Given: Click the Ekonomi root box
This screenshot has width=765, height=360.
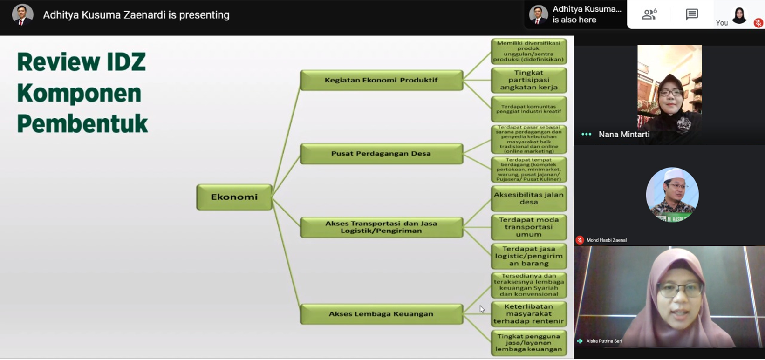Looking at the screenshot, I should (x=234, y=197).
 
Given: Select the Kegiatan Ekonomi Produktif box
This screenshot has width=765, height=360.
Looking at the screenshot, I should (x=381, y=80).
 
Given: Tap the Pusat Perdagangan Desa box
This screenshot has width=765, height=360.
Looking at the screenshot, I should (x=381, y=154).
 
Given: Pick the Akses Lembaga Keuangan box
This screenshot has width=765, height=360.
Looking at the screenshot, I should (x=381, y=314).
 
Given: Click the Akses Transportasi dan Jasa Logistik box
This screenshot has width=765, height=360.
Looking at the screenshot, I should (x=381, y=227).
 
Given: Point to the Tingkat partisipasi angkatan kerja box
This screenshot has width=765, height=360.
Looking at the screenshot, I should (x=529, y=80).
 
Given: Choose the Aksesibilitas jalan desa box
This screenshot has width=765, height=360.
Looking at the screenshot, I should (x=529, y=198).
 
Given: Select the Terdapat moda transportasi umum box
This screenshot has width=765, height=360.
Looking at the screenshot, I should (x=529, y=227).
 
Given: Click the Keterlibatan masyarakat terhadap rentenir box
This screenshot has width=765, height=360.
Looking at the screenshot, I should (x=529, y=314).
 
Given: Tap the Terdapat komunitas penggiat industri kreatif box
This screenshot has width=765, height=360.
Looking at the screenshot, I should (x=529, y=109).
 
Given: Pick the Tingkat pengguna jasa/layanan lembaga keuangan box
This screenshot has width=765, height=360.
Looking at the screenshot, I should (x=529, y=343).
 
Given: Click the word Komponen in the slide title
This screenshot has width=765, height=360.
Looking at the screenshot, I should (x=79, y=93).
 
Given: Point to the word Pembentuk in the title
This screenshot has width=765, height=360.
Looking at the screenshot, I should (x=82, y=124).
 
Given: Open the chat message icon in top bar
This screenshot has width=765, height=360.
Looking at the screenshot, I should (x=692, y=14).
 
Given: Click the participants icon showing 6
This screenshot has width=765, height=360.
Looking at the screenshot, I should (x=649, y=14).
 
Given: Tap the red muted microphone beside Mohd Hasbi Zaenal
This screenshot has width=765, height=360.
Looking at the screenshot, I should (x=580, y=240).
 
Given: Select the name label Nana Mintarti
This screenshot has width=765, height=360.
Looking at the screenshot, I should (x=624, y=135).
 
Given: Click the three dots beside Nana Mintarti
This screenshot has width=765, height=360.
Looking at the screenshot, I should (x=586, y=135).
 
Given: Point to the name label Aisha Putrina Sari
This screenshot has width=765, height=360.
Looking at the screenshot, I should (x=604, y=341).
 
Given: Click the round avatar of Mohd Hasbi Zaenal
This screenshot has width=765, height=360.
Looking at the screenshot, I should (x=672, y=194).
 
